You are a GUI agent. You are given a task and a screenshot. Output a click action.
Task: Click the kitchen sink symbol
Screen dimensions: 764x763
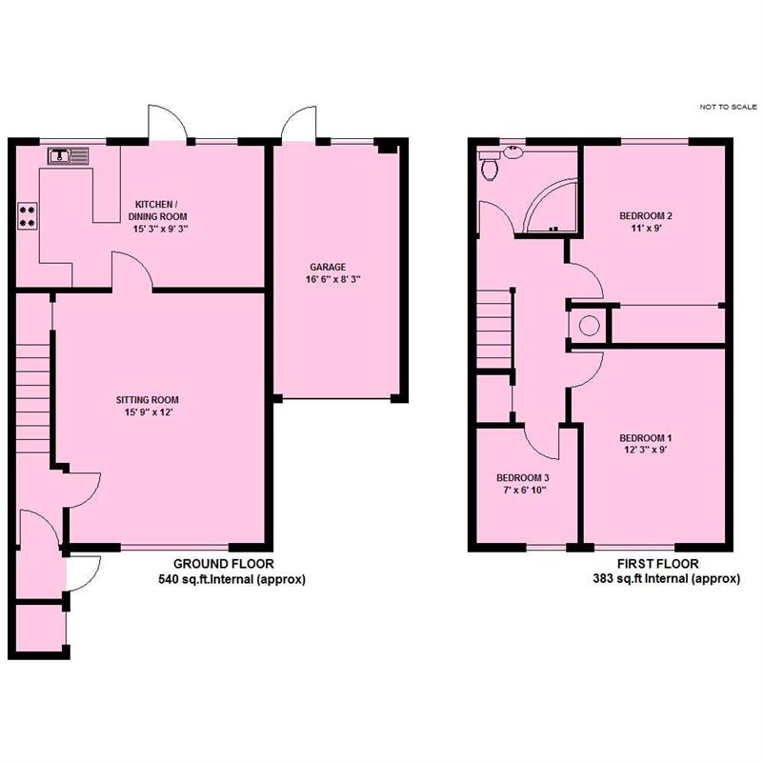point(69,156)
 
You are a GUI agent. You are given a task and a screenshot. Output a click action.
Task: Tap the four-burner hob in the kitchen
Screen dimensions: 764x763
point(28,216)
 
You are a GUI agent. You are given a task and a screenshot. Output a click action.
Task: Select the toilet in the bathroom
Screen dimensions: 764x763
point(490,165)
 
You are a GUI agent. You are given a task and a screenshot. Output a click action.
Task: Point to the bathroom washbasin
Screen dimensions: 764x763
point(513,152)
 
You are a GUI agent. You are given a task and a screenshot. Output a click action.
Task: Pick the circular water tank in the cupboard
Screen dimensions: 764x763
point(589,326)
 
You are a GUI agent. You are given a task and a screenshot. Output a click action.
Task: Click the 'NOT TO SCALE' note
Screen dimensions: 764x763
point(728,107)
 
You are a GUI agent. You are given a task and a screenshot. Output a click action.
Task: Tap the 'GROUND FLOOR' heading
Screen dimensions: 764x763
point(224,564)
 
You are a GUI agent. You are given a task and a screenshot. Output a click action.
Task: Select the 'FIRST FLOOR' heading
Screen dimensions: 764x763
point(657,564)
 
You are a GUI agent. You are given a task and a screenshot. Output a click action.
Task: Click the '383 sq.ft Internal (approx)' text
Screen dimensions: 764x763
point(666,579)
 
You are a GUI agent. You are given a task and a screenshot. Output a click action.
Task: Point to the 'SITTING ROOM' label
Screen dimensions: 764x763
point(147,400)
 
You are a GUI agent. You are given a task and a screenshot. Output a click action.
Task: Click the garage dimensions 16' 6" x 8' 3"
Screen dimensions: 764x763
point(333,280)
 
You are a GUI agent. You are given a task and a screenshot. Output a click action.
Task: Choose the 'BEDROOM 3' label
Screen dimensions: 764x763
point(523,478)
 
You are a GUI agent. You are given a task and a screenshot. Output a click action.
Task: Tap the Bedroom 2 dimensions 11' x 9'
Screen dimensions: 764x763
point(646,228)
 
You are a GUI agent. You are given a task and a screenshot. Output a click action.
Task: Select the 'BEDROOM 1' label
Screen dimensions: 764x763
point(646,438)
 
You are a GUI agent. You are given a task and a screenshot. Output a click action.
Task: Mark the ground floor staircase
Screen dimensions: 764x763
point(33,398)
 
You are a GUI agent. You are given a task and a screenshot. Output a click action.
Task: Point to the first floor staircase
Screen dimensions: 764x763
point(493,329)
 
